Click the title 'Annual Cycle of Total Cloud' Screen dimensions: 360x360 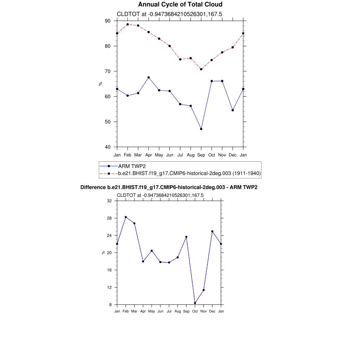point(180,5)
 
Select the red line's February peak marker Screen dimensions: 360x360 point(128,24)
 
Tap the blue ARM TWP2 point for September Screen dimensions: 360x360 point(201,129)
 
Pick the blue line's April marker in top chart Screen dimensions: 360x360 point(149,77)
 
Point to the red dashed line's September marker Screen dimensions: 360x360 point(201,69)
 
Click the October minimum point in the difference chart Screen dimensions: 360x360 point(195,303)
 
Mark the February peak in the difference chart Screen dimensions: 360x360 point(126,217)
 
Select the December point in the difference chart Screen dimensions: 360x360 point(212,231)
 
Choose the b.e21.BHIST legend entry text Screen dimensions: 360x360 point(189,173)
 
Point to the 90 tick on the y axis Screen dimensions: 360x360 point(108,21)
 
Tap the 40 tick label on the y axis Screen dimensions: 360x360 point(108,147)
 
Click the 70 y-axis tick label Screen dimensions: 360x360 point(108,71)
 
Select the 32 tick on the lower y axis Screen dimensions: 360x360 point(109,201)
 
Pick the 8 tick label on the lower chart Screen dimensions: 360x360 point(110,305)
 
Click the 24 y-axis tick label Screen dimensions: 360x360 point(109,236)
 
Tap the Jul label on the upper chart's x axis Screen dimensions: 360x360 point(180,155)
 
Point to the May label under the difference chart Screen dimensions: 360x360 point(152,311)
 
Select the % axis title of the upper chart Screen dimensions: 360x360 point(101,84)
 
